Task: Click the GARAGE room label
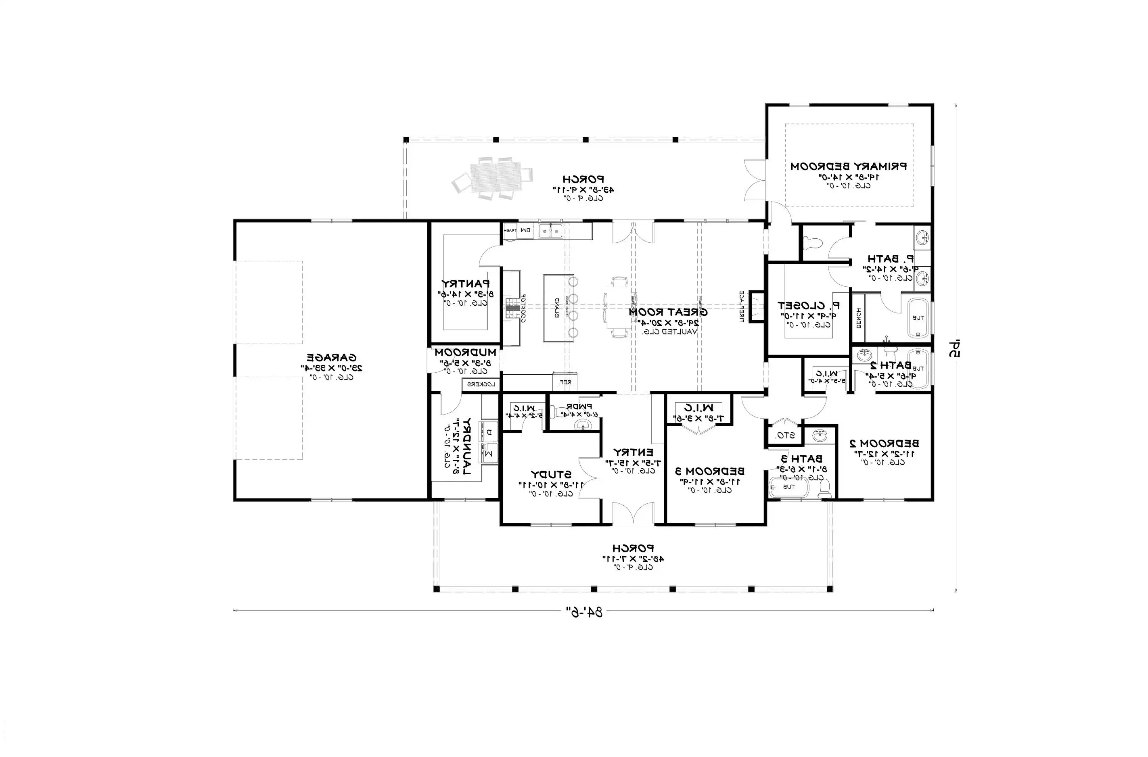pos(332,358)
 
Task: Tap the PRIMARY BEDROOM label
pos(849,167)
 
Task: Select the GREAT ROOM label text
pos(668,313)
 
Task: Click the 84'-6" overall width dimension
pos(584,612)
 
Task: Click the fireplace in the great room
pos(755,306)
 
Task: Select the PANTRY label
pos(465,284)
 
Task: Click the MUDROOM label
pos(465,352)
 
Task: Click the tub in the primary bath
pos(917,318)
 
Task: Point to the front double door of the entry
pos(633,514)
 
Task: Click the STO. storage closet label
pos(782,436)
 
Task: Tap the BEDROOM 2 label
pos(884,443)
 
